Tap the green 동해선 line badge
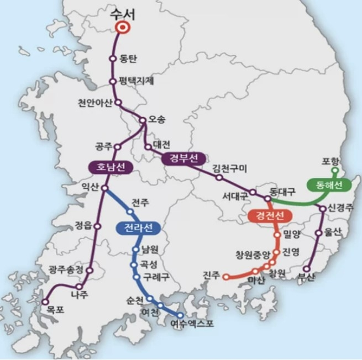(x=329, y=184)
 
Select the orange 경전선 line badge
(x=269, y=216)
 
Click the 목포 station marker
(x=45, y=301)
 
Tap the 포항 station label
(x=332, y=162)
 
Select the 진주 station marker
(x=225, y=277)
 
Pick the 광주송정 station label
(x=65, y=270)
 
